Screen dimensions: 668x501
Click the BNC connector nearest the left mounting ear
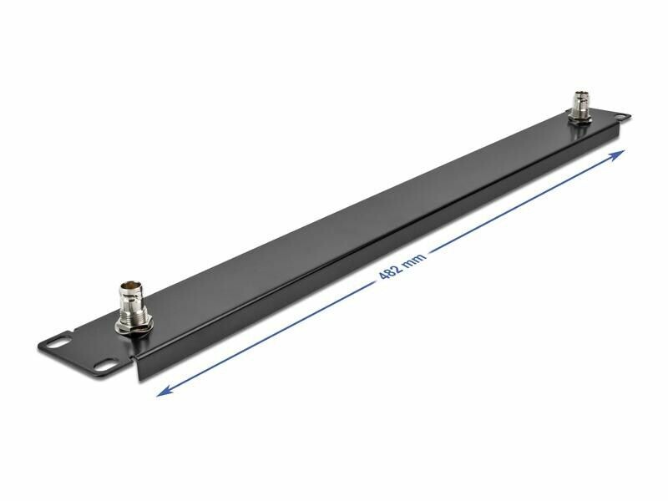[x=132, y=306]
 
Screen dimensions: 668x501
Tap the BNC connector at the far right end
[x=581, y=108]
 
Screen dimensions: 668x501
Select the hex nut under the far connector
[x=579, y=119]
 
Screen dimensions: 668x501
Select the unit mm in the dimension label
[x=414, y=259]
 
